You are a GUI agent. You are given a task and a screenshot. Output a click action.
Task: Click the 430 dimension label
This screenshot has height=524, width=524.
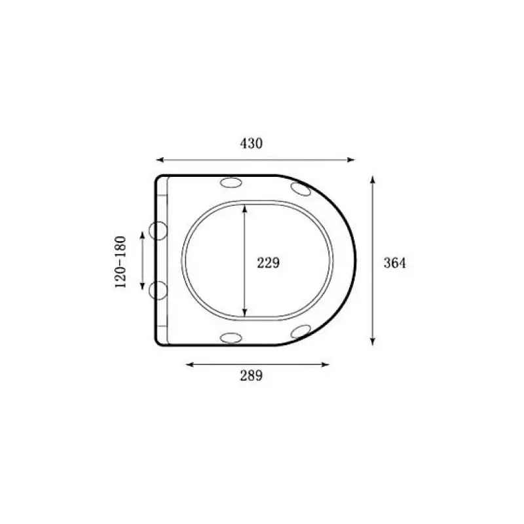point(252,143)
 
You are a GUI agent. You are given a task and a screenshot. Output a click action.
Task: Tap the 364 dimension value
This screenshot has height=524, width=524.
point(395,263)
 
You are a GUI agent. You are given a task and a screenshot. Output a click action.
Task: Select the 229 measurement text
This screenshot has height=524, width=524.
point(268,263)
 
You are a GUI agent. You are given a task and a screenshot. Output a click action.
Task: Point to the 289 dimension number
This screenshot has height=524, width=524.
point(252,375)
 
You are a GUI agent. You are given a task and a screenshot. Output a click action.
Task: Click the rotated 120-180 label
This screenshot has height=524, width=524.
point(121,262)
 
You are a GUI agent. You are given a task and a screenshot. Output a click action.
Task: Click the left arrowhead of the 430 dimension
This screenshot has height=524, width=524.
point(160,160)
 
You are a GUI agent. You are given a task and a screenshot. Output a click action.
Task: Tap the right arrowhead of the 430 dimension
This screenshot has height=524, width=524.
point(350,160)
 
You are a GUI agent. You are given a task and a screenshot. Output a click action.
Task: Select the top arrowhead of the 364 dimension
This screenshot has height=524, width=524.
point(373,179)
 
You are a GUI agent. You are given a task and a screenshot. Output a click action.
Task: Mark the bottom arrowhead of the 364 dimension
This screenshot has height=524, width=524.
point(373,341)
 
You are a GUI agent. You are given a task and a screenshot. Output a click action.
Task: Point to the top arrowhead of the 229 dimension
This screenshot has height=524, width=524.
point(244,209)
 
